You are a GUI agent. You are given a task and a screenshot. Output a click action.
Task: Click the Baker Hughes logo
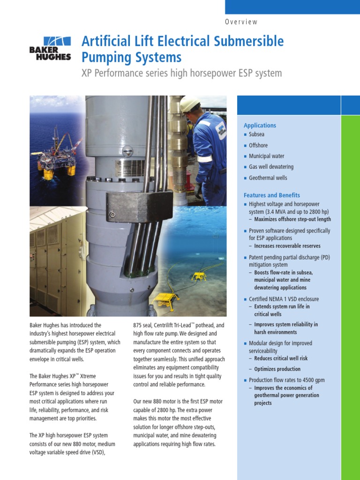50,48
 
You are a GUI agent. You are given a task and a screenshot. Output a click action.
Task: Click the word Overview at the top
241,22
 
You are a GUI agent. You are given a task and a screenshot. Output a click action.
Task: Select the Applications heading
260,126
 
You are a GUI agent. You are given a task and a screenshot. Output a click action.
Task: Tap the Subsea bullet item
257,135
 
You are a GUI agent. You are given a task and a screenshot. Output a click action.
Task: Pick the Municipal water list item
266,156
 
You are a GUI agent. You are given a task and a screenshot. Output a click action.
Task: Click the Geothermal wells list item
268,178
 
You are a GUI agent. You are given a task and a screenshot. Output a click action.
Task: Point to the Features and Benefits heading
272,195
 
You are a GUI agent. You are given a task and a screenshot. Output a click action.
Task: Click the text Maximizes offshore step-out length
292,219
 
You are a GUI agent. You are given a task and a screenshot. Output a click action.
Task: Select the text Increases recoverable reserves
287,246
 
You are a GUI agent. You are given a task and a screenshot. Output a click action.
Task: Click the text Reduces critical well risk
281,359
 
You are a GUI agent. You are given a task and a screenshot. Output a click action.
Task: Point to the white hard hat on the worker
189,104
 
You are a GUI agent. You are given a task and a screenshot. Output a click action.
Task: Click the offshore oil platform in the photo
57,155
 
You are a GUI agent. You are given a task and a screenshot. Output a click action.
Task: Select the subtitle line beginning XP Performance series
182,74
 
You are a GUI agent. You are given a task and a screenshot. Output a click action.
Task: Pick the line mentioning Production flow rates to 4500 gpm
286,380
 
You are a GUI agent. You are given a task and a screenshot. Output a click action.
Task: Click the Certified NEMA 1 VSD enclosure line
284,299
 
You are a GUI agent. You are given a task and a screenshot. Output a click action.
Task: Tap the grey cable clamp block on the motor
133,206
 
